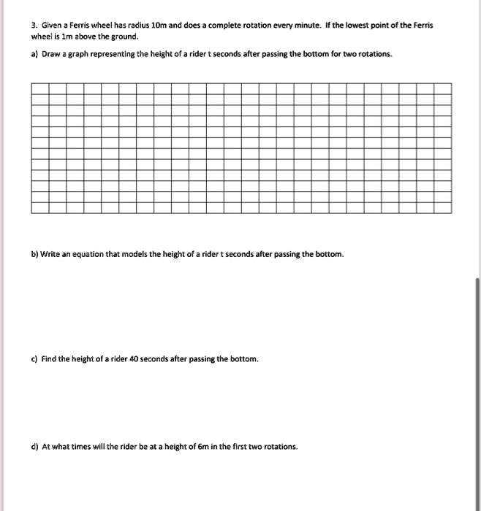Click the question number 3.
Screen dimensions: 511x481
34,25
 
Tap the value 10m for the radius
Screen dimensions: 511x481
159,25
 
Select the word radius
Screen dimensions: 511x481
137,25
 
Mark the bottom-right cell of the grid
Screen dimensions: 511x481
443,207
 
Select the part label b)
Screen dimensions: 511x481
34,254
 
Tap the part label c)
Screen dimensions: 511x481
34,359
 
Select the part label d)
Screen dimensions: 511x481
34,447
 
